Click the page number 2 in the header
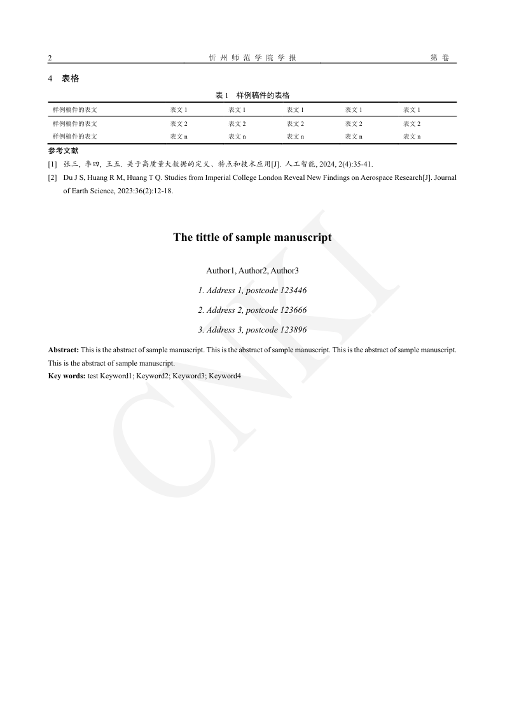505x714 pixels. click(x=50, y=58)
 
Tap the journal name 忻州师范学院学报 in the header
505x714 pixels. click(x=253, y=58)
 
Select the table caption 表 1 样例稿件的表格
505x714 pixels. click(x=253, y=95)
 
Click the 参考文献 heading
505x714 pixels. click(x=63, y=151)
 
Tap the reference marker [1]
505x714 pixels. click(x=52, y=164)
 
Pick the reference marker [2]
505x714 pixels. click(x=52, y=179)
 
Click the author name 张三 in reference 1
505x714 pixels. click(x=70, y=164)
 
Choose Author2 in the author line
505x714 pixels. click(x=252, y=271)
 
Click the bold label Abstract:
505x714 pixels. click(x=64, y=350)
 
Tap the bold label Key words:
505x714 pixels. click(x=67, y=376)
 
